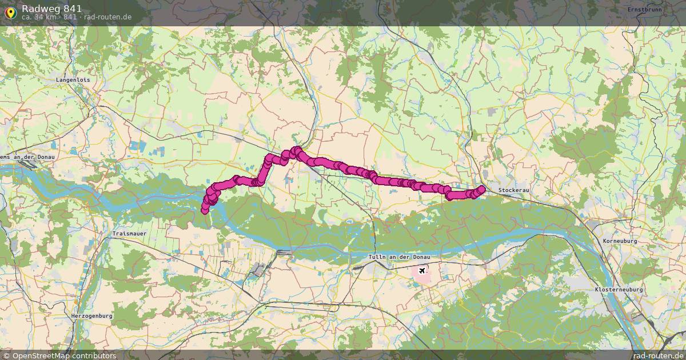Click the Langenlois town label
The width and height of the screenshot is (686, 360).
[73, 80]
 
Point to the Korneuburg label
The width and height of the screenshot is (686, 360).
[620, 241]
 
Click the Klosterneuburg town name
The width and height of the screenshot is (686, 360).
[619, 290]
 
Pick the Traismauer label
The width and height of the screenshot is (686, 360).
[130, 234]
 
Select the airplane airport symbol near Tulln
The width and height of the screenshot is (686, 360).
[422, 270]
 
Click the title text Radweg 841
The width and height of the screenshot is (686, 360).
[51, 8]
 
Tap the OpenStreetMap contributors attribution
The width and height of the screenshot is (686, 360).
[59, 355]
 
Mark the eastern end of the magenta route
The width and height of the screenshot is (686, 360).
[481, 189]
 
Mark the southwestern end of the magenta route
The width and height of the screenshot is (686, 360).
[205, 211]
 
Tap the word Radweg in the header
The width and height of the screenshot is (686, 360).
[39, 8]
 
